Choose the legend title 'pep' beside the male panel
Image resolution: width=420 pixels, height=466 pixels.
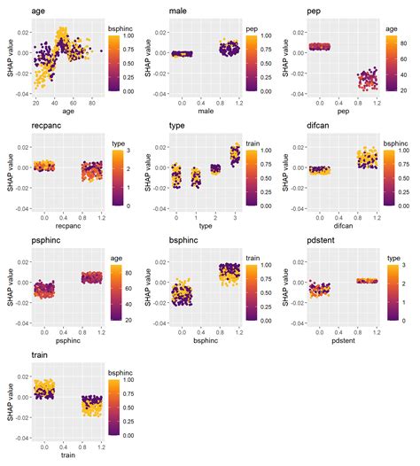click(x=252, y=28)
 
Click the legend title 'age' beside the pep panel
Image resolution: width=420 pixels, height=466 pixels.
click(x=390, y=28)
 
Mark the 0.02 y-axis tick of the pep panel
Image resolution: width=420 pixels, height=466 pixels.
click(x=295, y=31)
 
